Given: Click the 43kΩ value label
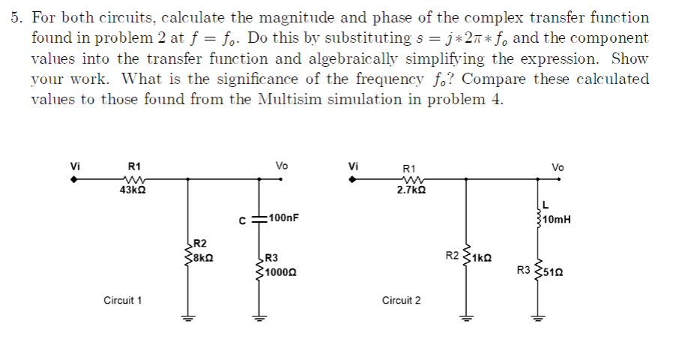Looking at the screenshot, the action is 132,191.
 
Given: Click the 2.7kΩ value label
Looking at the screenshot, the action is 410,192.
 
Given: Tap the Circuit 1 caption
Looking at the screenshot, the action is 123,301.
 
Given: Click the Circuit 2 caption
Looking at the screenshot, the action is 401,301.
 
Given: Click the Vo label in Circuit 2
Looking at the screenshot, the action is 558,167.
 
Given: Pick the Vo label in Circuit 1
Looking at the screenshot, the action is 282,166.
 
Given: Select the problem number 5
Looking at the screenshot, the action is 16,17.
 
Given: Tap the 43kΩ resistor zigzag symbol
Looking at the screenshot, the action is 132,179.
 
